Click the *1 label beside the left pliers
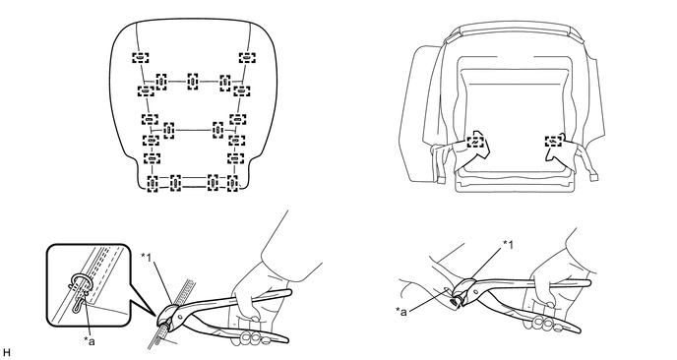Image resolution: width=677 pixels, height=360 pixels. tap(146, 257)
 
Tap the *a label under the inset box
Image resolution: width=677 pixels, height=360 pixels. tap(90, 341)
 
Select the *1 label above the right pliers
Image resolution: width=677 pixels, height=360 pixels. tap(508, 244)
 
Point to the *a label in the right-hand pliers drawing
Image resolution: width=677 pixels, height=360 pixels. tap(401, 311)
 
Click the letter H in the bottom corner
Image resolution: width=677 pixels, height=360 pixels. tap(6, 353)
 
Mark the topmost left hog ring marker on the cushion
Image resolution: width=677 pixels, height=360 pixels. tap(141, 58)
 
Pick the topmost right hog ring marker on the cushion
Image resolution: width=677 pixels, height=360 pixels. tap(247, 57)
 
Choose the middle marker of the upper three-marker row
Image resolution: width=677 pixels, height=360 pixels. tap(193, 82)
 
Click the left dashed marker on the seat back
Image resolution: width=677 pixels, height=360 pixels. tap(475, 142)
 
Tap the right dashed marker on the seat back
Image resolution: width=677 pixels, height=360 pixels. tap(553, 141)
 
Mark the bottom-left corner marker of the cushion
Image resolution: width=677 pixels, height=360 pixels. tap(153, 184)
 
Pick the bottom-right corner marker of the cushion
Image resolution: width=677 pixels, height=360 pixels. tap(232, 184)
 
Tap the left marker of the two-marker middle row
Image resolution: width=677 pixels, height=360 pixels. tap(169, 131)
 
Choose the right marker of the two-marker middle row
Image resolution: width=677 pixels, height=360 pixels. tap(218, 130)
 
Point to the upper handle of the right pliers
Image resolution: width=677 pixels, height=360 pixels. tap(531, 284)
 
